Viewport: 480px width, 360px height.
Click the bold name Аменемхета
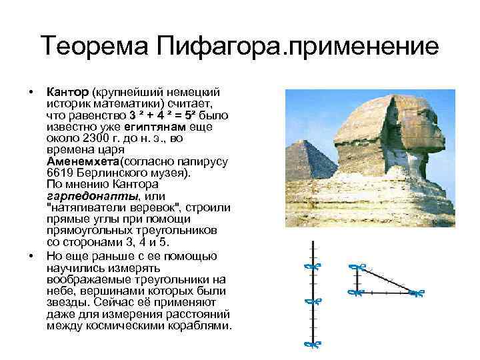pyautogui.click(x=83, y=161)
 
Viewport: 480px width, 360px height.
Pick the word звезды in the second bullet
pyautogui.click(x=64, y=302)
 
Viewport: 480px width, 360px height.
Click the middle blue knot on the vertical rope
pyautogui.click(x=309, y=301)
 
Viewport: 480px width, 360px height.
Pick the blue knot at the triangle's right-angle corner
pyautogui.click(x=355, y=291)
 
